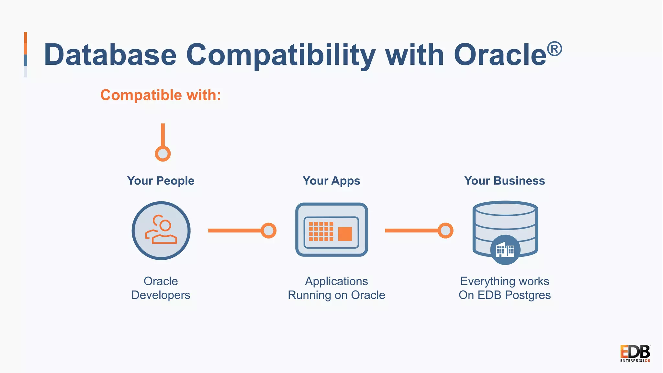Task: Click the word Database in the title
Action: [110, 55]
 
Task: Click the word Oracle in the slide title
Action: [500, 55]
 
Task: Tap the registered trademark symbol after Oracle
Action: [554, 49]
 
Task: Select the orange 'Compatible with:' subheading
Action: [161, 95]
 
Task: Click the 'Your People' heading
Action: [161, 181]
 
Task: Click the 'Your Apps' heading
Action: [331, 181]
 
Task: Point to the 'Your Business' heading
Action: [504, 181]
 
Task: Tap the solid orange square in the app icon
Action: [345, 234]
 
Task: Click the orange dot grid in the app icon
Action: [321, 231]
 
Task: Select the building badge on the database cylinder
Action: [505, 250]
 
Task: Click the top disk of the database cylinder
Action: [505, 209]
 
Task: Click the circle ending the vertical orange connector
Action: [163, 153]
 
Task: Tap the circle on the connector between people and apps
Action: [268, 231]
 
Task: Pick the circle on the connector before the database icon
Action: [445, 231]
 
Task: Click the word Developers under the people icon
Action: [161, 295]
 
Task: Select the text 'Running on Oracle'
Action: [336, 295]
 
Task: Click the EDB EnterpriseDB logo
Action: [635, 353]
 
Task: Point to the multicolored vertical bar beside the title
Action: [26, 54]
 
